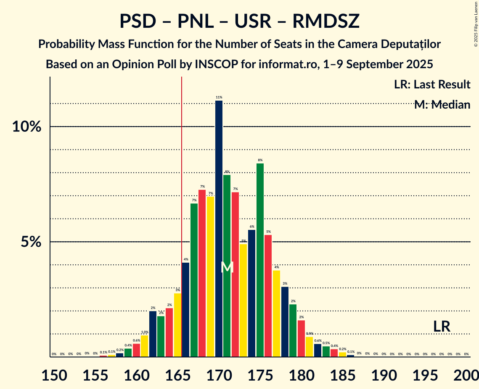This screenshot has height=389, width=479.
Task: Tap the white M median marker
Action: (227, 267)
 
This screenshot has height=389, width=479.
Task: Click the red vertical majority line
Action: (182, 210)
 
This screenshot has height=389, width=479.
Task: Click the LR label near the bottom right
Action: (442, 326)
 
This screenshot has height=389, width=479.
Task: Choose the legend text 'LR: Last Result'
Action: (432, 85)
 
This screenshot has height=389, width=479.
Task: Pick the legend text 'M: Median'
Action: (442, 105)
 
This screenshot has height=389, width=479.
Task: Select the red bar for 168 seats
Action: (202, 273)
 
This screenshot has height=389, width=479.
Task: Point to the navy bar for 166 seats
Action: (185, 309)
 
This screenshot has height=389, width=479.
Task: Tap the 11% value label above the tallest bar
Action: (219, 97)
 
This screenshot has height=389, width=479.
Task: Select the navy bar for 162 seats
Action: (153, 334)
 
